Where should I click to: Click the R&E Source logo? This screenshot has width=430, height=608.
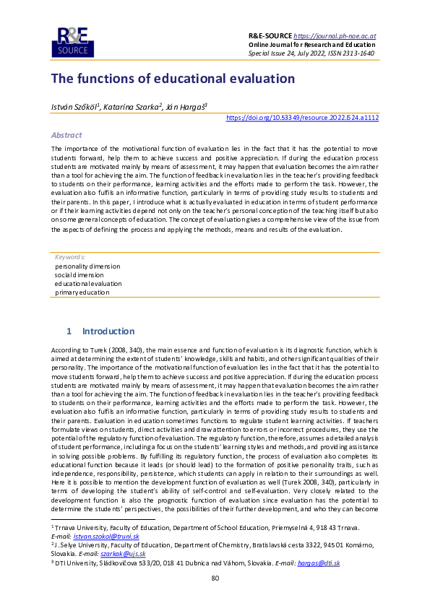tap(69, 41)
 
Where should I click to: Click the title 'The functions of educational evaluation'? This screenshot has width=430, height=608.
tap(173, 78)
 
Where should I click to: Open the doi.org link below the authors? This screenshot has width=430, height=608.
tap(302, 117)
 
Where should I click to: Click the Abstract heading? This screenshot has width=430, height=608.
tap(66, 135)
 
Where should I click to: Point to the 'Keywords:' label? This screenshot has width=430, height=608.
tap(70, 256)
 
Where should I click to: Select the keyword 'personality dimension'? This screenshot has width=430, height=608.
tap(87, 266)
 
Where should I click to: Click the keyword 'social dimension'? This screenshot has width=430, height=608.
tap(79, 274)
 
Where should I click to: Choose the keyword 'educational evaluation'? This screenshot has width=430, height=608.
tap(88, 283)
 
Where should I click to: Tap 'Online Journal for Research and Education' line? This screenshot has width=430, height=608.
tap(312, 44)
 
